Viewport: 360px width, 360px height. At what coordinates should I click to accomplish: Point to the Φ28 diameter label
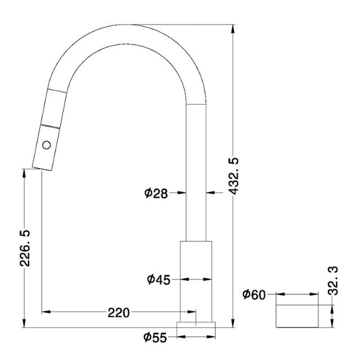coord(156,193)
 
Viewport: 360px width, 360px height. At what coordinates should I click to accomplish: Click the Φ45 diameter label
coord(159,279)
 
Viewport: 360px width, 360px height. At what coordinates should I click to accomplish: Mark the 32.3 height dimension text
coord(334,281)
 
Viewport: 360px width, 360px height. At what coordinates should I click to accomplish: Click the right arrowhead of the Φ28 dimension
coord(209,193)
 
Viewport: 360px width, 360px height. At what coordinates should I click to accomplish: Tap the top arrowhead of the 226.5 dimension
coord(24,172)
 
